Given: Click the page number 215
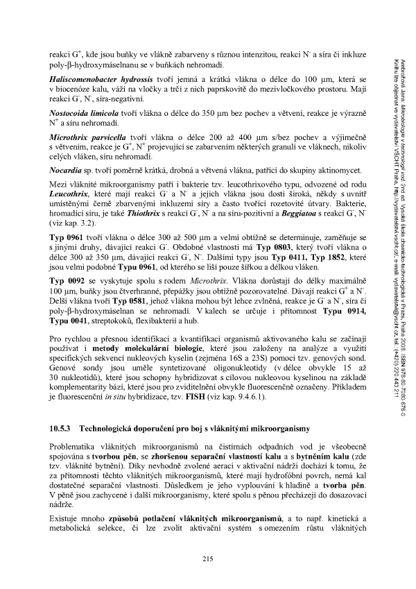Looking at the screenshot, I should (207, 559).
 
